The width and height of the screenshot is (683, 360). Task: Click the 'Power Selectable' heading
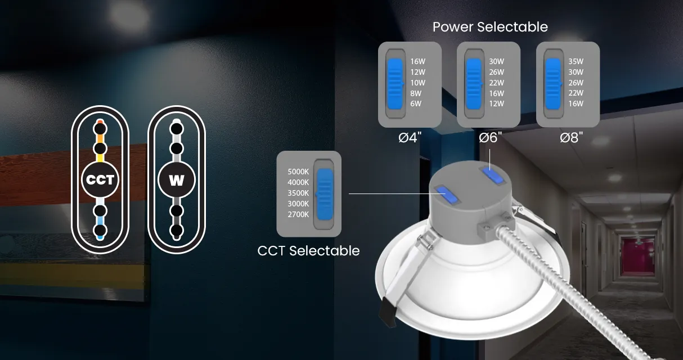point(490,27)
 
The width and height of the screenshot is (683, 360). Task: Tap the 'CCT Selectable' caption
point(308,251)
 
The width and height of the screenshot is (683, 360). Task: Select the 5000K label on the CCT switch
point(298,172)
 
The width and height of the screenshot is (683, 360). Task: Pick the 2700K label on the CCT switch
point(298,215)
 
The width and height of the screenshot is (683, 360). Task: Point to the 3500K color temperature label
point(298,193)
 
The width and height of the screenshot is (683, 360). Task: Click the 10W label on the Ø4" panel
point(417,83)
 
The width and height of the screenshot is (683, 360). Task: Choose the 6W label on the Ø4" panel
point(416,103)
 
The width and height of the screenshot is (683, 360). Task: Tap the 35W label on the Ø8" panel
point(576,61)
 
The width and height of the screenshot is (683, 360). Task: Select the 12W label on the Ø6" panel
point(496,103)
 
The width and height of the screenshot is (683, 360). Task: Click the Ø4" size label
point(410,138)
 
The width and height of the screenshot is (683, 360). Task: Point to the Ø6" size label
point(490,138)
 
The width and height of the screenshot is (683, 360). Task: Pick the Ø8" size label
point(572,138)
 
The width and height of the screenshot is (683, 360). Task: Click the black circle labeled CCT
point(100,179)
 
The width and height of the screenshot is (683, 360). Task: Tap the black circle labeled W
point(177,179)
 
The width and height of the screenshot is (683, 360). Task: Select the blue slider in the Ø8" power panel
point(553,84)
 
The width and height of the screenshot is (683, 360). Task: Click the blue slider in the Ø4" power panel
point(395,84)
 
